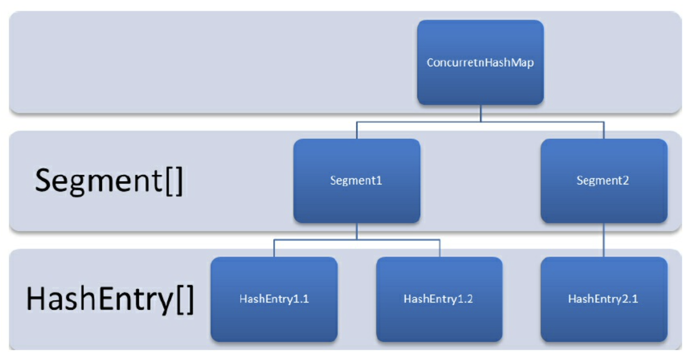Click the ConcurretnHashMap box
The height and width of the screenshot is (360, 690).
[x=480, y=62]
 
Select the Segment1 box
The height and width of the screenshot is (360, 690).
[x=357, y=181]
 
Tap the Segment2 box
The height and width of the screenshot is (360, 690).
[x=604, y=181]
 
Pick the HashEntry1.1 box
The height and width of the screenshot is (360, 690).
[x=274, y=300]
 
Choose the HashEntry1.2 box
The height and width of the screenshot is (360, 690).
[x=439, y=300]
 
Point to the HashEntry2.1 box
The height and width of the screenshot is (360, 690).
[x=604, y=300]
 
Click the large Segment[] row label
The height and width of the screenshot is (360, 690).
[x=109, y=181]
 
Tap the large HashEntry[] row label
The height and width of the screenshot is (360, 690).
[x=110, y=299]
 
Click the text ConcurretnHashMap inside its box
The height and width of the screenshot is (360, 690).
[x=480, y=62]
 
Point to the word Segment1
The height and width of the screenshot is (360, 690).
[x=356, y=180]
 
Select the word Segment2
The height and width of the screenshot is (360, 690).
[x=603, y=180]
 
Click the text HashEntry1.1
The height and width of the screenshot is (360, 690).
[x=274, y=299]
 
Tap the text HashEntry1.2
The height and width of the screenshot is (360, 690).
[x=439, y=299]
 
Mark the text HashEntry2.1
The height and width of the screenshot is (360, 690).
[x=603, y=299]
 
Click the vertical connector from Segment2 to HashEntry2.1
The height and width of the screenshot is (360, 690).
[x=604, y=240]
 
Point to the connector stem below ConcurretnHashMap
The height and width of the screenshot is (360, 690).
[x=481, y=113]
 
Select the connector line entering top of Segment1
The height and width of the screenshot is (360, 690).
[x=357, y=130]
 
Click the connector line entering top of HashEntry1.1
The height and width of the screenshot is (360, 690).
[x=274, y=248]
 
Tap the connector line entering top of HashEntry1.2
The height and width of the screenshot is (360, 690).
[x=440, y=248]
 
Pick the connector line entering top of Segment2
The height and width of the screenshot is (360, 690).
[x=604, y=130]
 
